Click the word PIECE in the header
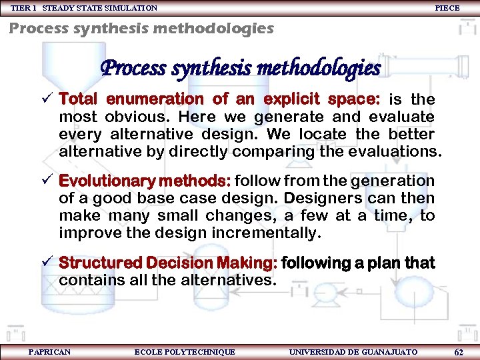[x=447, y=8]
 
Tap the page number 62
[x=458, y=352]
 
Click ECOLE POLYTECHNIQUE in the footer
[x=185, y=351]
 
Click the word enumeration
[x=155, y=99]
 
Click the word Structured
[x=100, y=263]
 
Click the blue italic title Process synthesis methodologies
[x=240, y=68]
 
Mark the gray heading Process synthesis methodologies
[x=141, y=28]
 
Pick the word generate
[x=269, y=117]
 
